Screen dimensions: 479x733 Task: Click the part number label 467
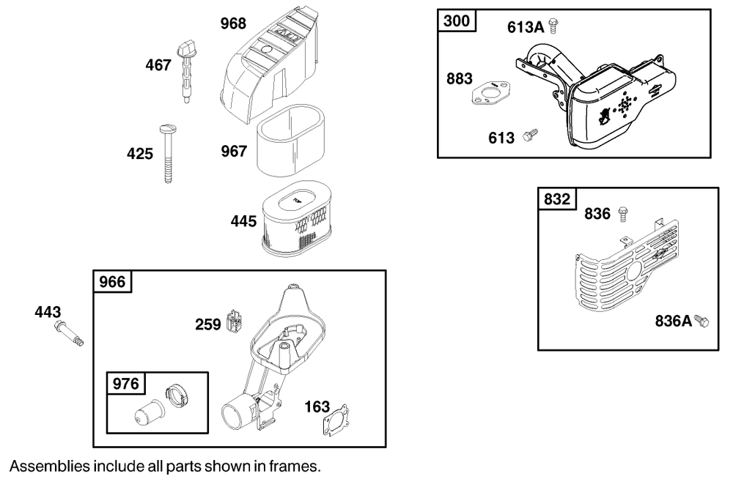(158, 65)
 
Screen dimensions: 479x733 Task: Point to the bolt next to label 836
(623, 213)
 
